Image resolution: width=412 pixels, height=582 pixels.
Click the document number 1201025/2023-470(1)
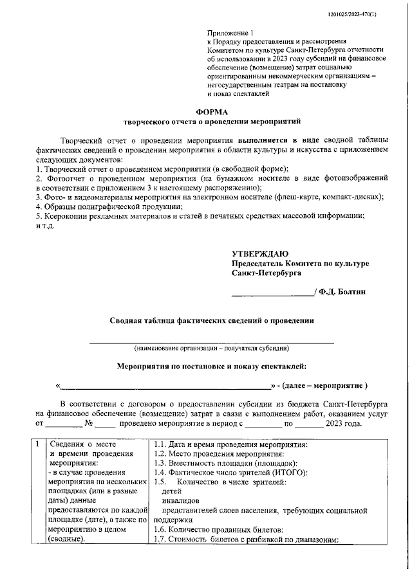point(371,14)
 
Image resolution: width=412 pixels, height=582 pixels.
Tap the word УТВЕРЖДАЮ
point(260,254)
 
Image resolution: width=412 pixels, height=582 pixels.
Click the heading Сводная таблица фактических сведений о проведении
point(211,320)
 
